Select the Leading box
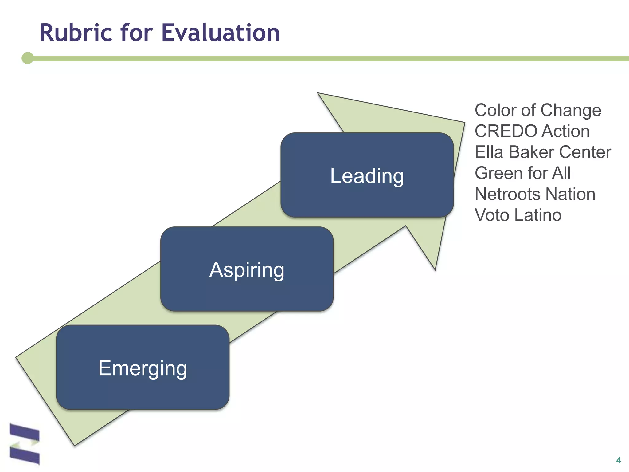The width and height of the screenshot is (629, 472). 367,175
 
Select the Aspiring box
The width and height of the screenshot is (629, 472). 247,269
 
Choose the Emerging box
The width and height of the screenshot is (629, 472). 143,368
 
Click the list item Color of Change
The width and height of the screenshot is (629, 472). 537,110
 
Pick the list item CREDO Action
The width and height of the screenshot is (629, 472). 532,131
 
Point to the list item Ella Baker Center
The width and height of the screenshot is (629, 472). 543,152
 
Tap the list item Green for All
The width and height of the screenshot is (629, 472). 522,173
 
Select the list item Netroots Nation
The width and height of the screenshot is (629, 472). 535,194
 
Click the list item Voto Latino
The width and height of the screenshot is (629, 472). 518,215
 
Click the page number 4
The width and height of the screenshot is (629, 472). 618,460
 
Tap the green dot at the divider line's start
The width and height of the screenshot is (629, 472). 28,58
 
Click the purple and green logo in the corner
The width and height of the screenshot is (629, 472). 25,444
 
